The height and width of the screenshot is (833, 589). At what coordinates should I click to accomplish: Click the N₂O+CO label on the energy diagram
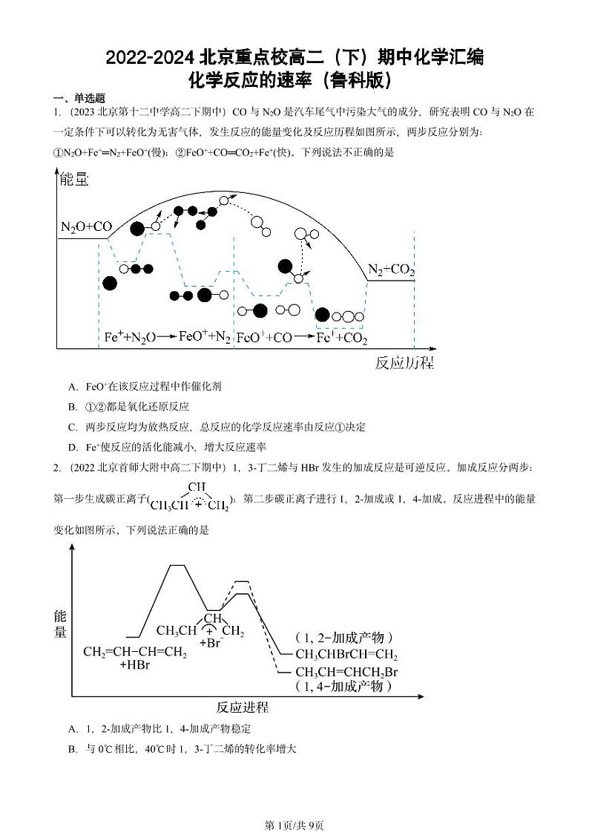[86, 227]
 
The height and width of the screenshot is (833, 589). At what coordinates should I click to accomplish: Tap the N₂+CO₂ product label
[391, 270]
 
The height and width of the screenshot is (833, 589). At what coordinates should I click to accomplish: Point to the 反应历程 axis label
[404, 363]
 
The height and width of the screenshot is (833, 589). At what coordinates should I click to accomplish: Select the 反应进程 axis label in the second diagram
[243, 707]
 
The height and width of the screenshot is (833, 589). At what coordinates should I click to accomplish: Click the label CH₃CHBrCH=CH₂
[346, 655]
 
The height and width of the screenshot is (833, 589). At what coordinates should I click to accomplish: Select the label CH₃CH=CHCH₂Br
[347, 673]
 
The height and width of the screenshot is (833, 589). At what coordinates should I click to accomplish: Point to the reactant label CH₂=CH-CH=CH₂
[135, 653]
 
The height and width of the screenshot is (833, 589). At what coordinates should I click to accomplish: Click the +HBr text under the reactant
[134, 666]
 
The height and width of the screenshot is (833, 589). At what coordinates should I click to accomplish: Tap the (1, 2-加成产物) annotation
[343, 638]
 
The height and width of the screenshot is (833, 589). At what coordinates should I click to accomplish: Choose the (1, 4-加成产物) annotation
[343, 687]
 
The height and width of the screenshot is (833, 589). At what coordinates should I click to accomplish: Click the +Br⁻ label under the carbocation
[211, 644]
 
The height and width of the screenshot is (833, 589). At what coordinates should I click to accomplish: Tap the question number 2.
[56, 467]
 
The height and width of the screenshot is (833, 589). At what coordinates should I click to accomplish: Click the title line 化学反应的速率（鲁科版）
[294, 79]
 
